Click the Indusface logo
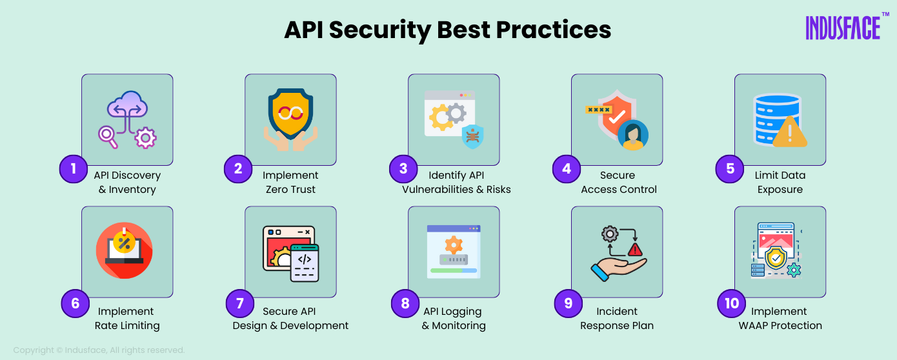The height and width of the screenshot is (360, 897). (843, 28)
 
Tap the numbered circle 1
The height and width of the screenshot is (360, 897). (74, 169)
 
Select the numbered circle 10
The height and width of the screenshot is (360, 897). (732, 303)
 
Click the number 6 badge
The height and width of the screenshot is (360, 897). (76, 303)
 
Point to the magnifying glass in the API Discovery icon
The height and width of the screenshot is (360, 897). (107, 135)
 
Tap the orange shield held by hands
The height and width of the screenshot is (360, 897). (290, 114)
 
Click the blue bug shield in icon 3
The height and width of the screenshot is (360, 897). (473, 137)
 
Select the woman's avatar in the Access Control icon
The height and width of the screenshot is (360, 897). (632, 135)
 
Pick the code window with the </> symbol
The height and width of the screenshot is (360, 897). (305, 263)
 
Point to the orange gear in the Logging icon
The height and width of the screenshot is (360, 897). (454, 245)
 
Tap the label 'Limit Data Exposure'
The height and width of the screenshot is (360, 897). (780, 183)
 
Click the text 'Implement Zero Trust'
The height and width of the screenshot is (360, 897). (290, 183)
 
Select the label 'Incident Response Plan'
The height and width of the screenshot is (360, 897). (617, 319)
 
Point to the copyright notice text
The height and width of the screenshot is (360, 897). (99, 350)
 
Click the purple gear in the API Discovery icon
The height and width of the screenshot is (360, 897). (146, 137)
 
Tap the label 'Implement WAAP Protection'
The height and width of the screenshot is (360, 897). (780, 319)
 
